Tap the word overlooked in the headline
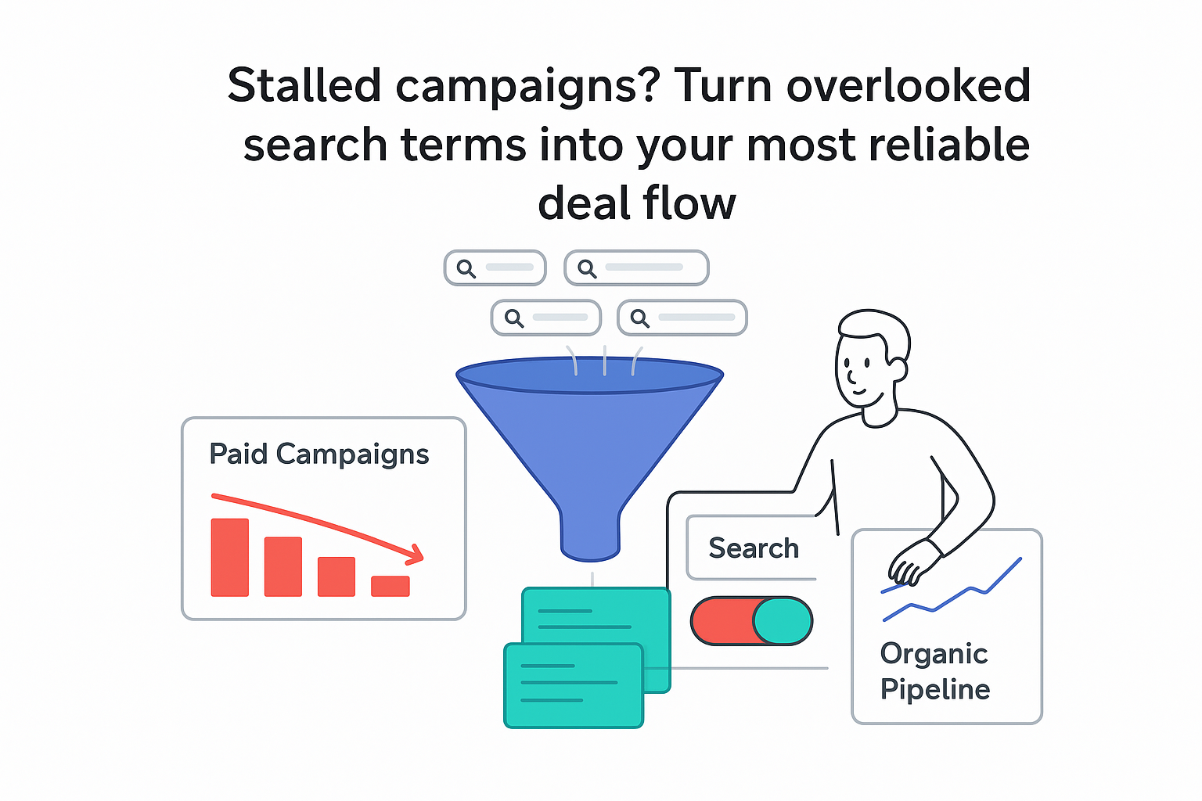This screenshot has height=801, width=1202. (x=908, y=85)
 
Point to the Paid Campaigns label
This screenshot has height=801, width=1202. (x=318, y=454)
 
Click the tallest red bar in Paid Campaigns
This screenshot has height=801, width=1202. (x=229, y=557)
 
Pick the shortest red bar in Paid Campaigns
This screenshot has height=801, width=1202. (x=390, y=586)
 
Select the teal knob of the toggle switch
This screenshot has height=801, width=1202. (x=782, y=621)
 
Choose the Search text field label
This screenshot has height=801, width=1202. (x=753, y=548)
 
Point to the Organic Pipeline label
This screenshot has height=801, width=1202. (x=934, y=671)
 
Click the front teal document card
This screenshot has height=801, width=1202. (x=573, y=685)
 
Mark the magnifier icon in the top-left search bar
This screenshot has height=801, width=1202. (x=466, y=268)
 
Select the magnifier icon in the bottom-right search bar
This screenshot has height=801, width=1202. (x=639, y=318)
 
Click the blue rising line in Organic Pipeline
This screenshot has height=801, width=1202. (x=970, y=591)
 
